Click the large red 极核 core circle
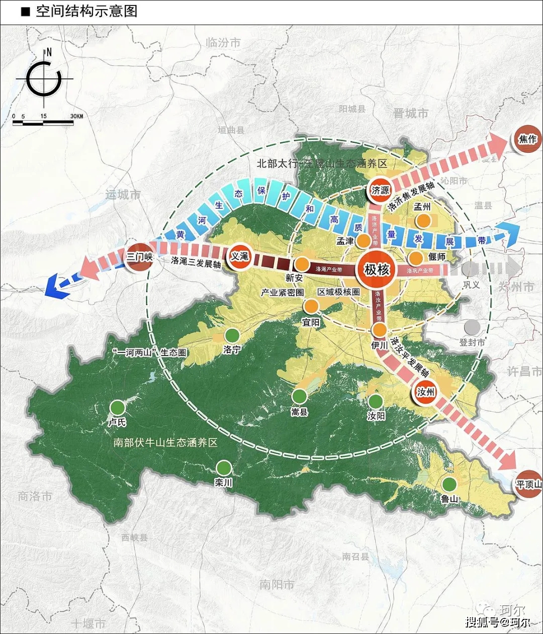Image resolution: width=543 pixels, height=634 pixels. pos(377,269)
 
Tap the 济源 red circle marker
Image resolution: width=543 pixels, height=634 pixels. pos(380,190)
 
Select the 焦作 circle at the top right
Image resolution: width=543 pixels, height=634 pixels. pos(527,139)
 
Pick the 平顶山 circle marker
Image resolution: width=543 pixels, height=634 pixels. pos(528,484)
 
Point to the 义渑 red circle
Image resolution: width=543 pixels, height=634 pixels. pos(239,256)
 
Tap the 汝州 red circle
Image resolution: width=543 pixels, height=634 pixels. pos(425,391)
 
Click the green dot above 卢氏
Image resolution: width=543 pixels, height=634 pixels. pos(118,407)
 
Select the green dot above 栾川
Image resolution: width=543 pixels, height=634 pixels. pos(224,468)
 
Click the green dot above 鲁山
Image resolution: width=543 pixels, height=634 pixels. pos(449,484)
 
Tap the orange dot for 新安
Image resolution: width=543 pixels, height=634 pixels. pos(302,263)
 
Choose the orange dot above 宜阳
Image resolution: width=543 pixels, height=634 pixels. pos(311,306)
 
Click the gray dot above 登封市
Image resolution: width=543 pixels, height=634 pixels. pos(472,327)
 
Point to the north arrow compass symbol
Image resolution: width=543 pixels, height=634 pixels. pos(44,79)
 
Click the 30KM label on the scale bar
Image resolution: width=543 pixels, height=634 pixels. pos(76,116)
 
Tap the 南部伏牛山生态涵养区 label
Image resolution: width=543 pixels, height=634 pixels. pos(165,442)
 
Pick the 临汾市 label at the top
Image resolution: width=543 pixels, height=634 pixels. pos(223,43)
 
